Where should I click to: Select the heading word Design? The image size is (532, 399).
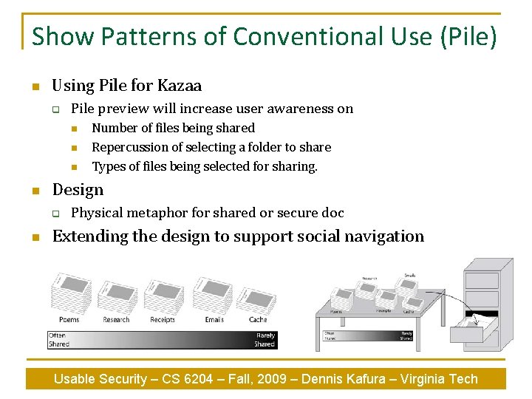[x=78, y=190]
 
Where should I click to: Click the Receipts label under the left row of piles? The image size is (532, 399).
[x=163, y=320]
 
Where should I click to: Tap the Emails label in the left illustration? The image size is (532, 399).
[x=214, y=320]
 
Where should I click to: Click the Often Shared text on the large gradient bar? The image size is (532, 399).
[x=58, y=340]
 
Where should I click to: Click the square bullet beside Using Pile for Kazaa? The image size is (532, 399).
[x=35, y=86]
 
